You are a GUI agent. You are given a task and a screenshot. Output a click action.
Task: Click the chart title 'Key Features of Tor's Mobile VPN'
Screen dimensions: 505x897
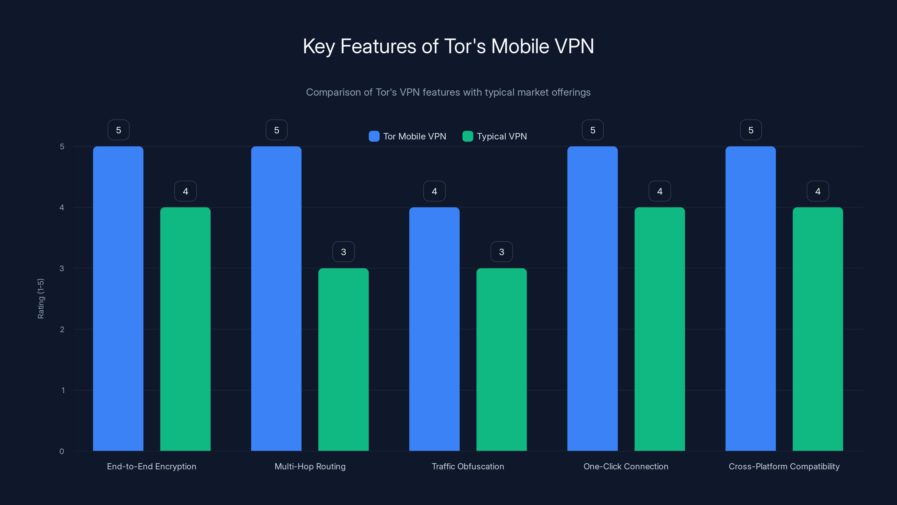coord(448,46)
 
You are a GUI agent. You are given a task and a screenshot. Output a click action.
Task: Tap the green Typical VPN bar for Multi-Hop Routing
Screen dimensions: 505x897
coord(343,359)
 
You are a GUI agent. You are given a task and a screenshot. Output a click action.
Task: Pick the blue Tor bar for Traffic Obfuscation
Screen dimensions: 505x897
coord(434,329)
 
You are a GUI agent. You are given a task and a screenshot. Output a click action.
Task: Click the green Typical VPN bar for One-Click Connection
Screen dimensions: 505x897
coord(660,329)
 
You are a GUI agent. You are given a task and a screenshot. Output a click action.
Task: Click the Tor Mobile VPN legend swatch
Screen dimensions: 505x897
coord(374,136)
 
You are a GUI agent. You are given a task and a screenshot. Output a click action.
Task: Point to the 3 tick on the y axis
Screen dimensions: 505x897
coord(62,268)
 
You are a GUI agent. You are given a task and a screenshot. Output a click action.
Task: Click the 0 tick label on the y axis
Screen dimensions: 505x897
coord(62,451)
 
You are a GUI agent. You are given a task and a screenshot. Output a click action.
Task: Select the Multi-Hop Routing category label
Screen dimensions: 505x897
coord(310,466)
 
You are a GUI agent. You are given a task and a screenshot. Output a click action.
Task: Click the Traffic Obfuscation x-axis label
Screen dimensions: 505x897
coord(468,466)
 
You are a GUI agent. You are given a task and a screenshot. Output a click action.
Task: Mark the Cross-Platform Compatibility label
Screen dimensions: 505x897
coord(784,466)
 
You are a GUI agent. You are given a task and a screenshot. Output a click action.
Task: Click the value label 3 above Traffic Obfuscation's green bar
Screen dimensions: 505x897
coord(501,252)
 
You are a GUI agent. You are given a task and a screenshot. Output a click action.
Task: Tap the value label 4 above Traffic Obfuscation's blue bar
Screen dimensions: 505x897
coord(434,191)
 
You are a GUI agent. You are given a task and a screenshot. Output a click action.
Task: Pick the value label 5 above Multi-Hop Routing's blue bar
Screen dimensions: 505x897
coord(276,130)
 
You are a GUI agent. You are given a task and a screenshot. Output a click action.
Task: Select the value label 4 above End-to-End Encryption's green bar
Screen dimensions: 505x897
coord(185,191)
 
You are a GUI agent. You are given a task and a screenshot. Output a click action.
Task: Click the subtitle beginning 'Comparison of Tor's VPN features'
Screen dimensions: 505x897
coord(448,92)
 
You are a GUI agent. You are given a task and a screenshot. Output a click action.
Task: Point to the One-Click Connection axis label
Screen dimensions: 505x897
coord(626,466)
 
